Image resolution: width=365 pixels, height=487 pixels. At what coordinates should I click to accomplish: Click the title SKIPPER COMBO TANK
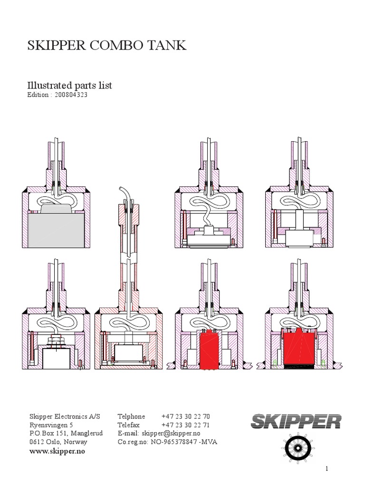pos(107,46)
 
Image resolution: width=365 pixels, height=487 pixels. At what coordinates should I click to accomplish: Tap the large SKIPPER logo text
pos(296,421)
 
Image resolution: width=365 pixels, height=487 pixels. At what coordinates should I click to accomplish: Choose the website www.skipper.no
pos(57,451)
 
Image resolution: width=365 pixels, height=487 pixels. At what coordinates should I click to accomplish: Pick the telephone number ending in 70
pos(185,416)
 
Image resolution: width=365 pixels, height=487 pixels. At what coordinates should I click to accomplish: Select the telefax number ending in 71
pos(185,425)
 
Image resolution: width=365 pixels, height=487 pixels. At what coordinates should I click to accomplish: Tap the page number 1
pos(327,469)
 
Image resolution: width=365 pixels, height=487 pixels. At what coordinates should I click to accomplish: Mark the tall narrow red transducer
pos(209,350)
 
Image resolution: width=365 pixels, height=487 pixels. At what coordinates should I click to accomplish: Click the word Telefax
pos(128,425)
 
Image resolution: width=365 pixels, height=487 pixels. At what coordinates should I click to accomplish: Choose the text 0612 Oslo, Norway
pos(58,442)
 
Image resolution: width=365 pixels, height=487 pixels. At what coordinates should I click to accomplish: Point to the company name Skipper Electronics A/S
pos(65,416)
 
